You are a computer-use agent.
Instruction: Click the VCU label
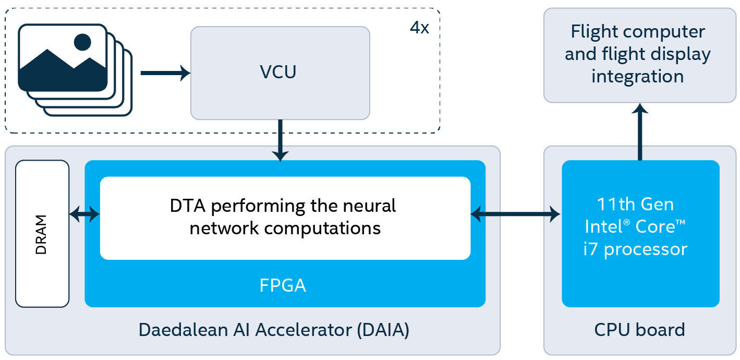click(x=278, y=72)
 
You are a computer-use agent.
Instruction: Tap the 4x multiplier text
click(x=419, y=28)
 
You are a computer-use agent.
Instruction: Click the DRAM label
click(x=41, y=234)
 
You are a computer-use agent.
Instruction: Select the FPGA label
click(x=283, y=285)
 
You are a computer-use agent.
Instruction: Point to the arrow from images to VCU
click(x=165, y=73)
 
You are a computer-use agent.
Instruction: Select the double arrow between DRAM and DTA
click(x=84, y=213)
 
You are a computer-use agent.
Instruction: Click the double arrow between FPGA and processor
click(x=515, y=213)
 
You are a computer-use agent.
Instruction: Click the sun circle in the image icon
click(x=82, y=42)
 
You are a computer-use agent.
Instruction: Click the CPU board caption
click(x=639, y=330)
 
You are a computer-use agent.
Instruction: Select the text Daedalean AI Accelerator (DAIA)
click(x=274, y=330)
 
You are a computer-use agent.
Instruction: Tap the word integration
click(x=637, y=76)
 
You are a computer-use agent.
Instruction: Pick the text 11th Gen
click(x=635, y=204)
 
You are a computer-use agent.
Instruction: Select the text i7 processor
click(x=635, y=249)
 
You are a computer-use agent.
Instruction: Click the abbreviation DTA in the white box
click(x=188, y=206)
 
